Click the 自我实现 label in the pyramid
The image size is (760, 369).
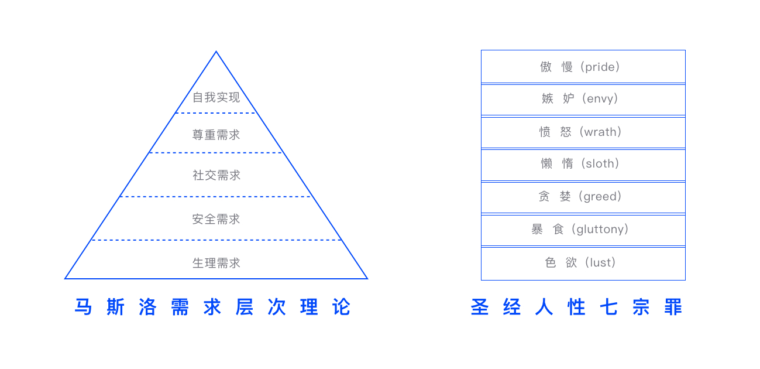216,97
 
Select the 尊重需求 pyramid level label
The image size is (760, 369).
216,135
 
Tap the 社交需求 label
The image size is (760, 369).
216,175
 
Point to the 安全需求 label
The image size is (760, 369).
216,219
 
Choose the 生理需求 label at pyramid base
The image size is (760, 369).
216,263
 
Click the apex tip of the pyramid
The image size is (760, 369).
216,52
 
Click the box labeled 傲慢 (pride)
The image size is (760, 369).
583,67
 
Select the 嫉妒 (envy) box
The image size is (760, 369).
583,99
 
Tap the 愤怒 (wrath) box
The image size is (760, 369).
583,132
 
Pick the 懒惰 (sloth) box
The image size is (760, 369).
583,164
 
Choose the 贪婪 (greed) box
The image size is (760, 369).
583,197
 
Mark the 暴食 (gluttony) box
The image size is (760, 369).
583,230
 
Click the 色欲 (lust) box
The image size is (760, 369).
583,263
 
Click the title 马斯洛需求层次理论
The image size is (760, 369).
213,307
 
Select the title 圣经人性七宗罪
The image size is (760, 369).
577,307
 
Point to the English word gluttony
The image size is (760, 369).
602,230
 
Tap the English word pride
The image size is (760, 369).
600,67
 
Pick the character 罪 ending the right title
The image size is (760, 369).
673,307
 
